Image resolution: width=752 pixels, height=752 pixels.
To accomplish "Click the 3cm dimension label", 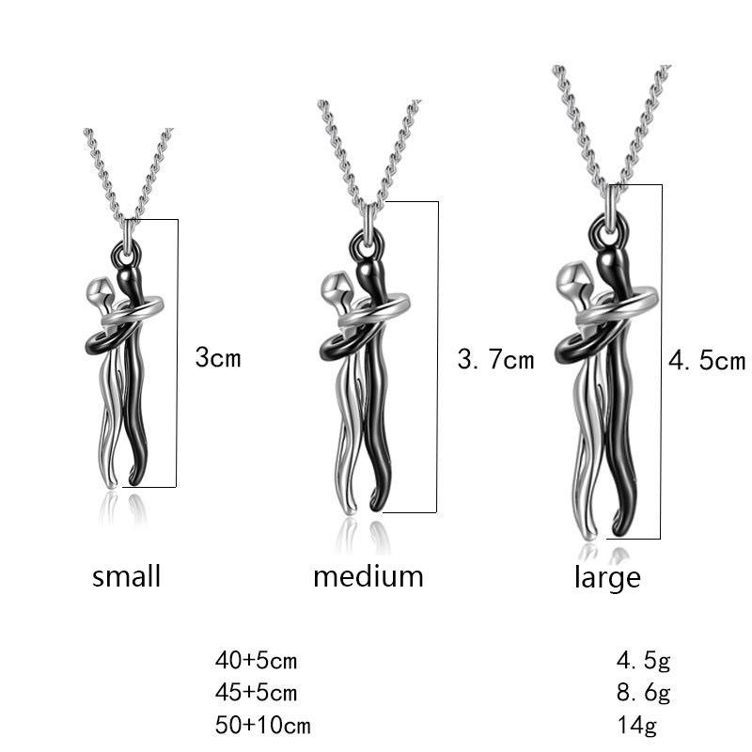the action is click(x=218, y=358).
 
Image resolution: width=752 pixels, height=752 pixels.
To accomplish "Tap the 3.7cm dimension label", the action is click(x=495, y=359).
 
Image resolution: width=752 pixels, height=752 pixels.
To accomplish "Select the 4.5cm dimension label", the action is click(x=706, y=361).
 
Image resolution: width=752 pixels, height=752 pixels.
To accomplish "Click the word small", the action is click(x=127, y=575).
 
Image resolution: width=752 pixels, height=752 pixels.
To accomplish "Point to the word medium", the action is click(x=368, y=575).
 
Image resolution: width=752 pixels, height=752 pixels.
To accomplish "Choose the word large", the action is click(x=607, y=577).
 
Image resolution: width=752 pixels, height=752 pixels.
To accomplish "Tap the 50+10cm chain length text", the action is click(x=262, y=725).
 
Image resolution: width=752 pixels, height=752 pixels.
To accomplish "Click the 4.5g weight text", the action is click(x=643, y=661).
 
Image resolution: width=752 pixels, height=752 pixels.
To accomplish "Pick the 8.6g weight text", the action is click(x=643, y=693).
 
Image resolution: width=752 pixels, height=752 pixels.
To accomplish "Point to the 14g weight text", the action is click(x=636, y=725).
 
